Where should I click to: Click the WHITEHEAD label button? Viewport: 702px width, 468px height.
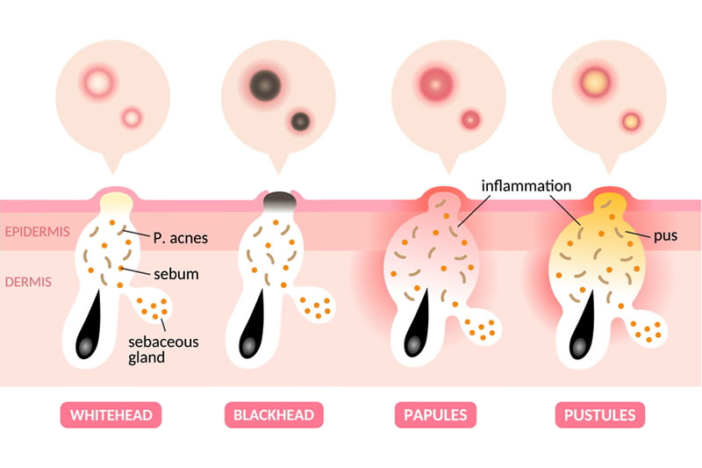click(x=111, y=414)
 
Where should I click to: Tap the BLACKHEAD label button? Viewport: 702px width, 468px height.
click(x=274, y=414)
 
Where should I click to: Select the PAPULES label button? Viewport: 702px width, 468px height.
click(x=435, y=414)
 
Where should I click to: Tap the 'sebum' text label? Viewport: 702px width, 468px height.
click(x=174, y=274)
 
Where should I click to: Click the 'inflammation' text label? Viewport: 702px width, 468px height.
click(x=526, y=186)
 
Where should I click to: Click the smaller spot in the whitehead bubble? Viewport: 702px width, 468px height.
click(x=132, y=117)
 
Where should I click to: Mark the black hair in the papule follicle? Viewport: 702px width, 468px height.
click(x=416, y=329)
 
